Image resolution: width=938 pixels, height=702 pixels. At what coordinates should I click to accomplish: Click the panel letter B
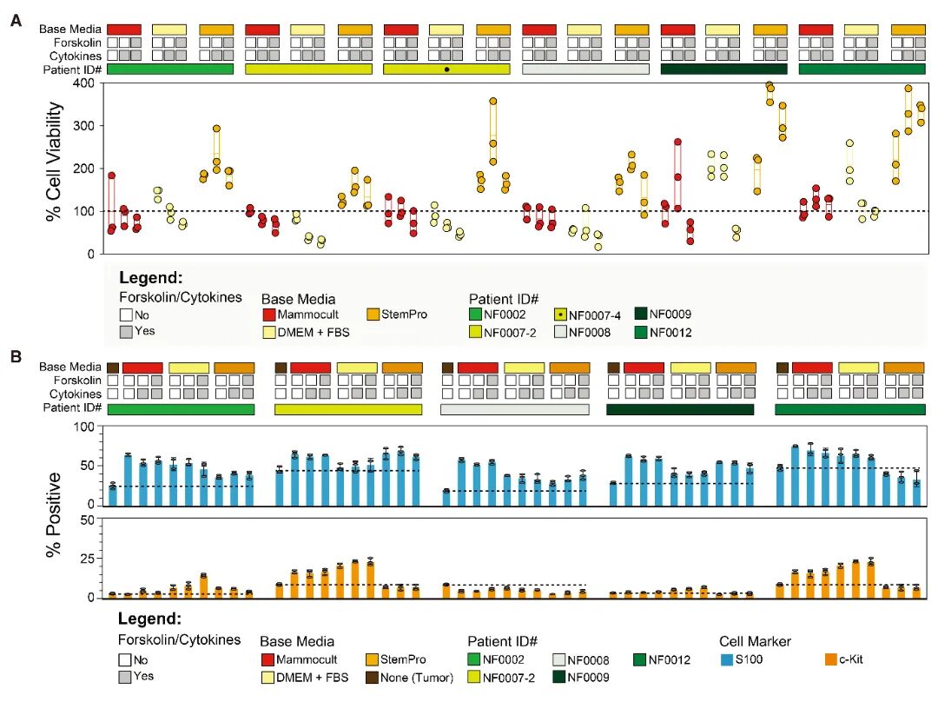point(15,356)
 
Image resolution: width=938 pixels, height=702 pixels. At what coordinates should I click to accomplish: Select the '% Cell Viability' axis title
point(54,168)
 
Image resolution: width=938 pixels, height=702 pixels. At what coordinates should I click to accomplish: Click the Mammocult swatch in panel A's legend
point(268,315)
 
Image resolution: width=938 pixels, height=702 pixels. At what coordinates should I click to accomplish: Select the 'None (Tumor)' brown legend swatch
point(371,677)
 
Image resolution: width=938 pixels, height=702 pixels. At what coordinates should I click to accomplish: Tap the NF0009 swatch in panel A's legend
point(641,315)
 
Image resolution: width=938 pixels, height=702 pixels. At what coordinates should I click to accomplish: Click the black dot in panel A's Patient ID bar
point(446,69)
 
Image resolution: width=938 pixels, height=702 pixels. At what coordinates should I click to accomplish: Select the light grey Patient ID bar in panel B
point(514,408)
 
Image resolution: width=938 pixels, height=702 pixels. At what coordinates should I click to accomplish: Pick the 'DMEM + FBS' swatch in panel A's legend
point(268,331)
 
